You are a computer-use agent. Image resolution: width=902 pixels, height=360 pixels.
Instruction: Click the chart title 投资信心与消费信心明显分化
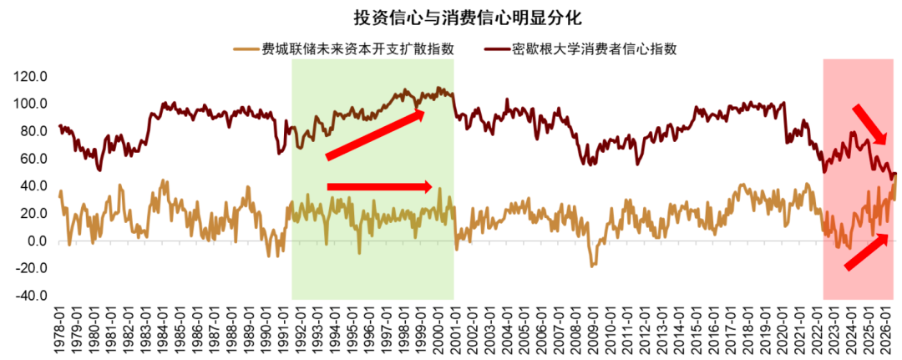coord(468,18)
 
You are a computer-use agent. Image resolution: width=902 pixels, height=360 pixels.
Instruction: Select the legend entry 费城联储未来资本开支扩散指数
coord(344,49)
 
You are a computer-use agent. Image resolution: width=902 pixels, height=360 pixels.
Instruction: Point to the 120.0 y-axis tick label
coord(36,77)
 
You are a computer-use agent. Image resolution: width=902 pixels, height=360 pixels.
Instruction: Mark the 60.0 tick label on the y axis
coord(39,159)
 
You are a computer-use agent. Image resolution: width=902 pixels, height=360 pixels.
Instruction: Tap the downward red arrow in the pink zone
coord(870,124)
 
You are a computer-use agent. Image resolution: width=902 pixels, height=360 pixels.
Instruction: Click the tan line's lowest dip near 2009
coord(592,266)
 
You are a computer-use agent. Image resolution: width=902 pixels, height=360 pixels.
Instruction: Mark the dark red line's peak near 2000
coord(438,88)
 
